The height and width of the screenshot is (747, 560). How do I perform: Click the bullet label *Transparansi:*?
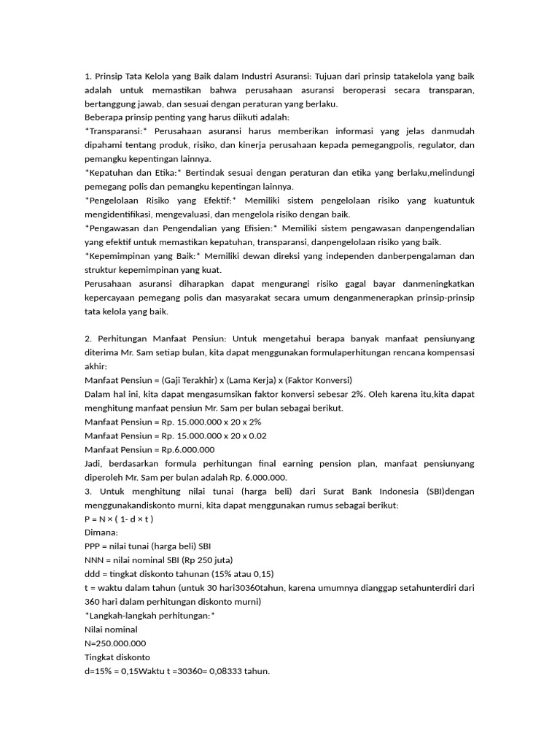(116, 131)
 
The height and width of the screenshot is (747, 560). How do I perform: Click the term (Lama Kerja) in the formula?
(253, 380)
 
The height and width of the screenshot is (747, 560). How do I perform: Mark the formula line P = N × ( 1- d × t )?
(119, 519)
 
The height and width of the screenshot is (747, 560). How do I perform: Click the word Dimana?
(101, 533)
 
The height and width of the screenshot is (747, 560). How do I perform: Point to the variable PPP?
(94, 546)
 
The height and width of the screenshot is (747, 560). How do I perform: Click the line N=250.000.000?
(115, 643)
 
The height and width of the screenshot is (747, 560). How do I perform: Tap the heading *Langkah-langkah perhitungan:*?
(149, 616)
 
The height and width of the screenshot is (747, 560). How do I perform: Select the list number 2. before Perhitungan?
(88, 339)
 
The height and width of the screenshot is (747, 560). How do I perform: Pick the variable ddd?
(93, 574)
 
